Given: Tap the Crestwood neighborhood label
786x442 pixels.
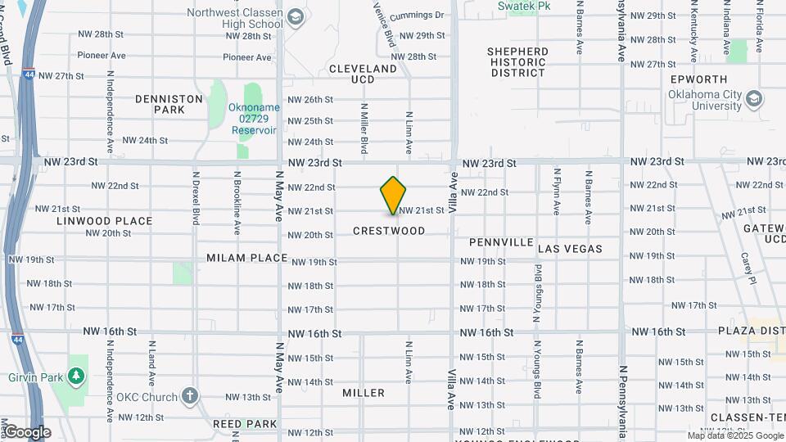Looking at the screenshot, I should (389, 231).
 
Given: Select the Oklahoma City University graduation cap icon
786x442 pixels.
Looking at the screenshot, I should (754, 100).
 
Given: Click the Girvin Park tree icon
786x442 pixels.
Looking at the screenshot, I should (77, 376).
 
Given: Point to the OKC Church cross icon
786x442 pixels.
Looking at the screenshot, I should (190, 397).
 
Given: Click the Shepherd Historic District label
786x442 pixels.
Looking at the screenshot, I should (517, 61).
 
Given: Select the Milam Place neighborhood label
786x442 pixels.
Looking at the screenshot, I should (246, 258).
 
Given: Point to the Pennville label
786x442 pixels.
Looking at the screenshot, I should (501, 243).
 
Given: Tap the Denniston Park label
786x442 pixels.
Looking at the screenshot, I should (169, 104).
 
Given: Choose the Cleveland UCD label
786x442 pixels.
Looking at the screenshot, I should (363, 74).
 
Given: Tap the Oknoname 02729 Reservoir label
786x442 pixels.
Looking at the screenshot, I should (255, 119).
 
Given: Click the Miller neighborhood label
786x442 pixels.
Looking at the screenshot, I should (364, 393).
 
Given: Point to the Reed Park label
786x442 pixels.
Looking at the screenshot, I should (245, 424).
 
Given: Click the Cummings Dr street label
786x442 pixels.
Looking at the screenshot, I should (416, 16).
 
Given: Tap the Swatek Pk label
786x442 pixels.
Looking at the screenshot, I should (522, 6).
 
